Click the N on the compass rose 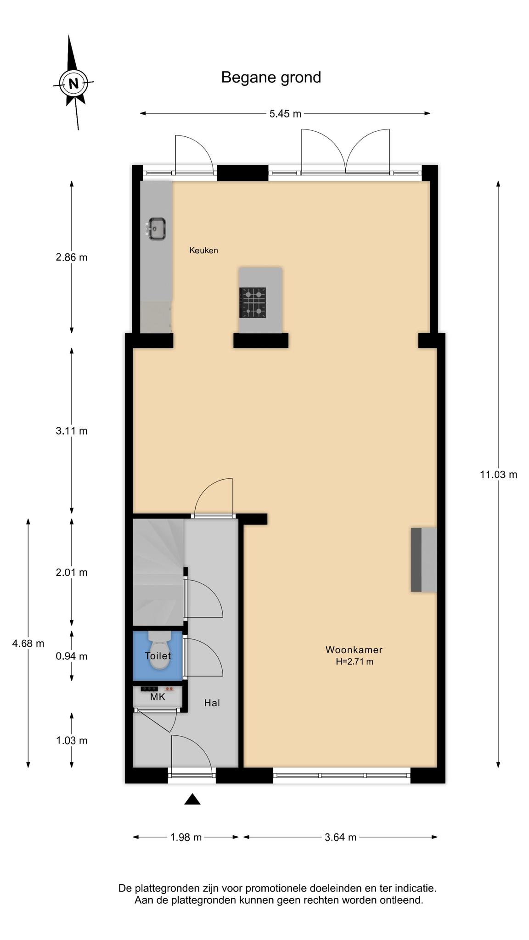pos(73,84)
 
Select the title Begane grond pos(271,78)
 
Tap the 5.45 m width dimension pos(285,113)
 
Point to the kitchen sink pos(156,229)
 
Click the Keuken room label pos(203,250)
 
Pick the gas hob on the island pos(253,302)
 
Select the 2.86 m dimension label pos(72,257)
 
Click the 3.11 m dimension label pos(72,431)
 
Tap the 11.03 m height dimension pos(499,475)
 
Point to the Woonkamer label pos(354,649)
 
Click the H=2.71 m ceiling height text pos(355,661)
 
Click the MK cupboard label pos(158,697)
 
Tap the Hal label pos(212,703)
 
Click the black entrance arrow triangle pos(192,799)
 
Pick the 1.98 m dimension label pos(186,837)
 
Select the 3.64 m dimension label pos(341,837)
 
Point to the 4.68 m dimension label pos(28,643)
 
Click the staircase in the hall pos(159,572)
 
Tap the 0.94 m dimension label pos(72,656)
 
